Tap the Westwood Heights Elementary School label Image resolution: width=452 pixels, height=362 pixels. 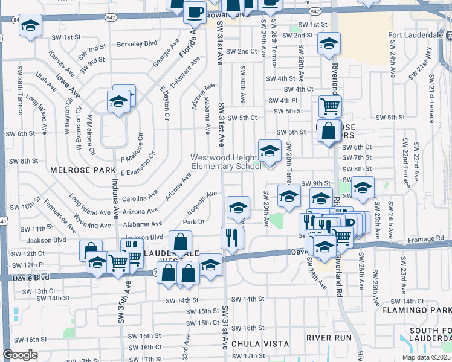click(x=226, y=162)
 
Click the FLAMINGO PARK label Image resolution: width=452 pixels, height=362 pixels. click(x=416, y=310)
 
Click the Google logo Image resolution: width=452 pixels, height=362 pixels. click(x=20, y=355)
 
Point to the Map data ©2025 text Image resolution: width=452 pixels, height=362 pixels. click(x=426, y=357)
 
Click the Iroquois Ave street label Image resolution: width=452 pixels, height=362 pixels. click(x=202, y=199)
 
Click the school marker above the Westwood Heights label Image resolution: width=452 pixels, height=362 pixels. click(x=270, y=151)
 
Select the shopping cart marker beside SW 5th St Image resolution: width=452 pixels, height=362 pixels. click(x=330, y=107)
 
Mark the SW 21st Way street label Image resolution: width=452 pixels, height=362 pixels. click(x=430, y=65)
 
